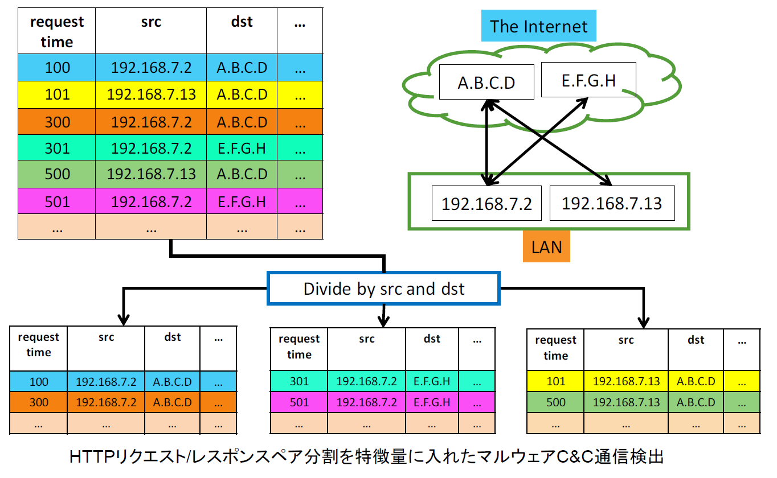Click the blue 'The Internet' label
click(x=538, y=26)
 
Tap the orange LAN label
click(x=546, y=246)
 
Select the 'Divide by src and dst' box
click(x=383, y=289)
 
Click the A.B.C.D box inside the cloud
click(x=486, y=82)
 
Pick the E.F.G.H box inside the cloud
click(x=588, y=80)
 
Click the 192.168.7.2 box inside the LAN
click(x=486, y=203)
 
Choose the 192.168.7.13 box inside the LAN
click(x=612, y=203)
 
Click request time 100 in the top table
click(x=57, y=68)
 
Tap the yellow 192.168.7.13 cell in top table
click(x=151, y=94)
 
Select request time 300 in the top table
click(x=57, y=122)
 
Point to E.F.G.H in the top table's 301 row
click(x=242, y=148)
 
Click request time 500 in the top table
click(x=57, y=174)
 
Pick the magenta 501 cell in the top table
click(x=57, y=201)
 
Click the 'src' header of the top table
click(x=151, y=22)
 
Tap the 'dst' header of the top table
click(x=242, y=22)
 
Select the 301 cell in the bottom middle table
click(x=299, y=381)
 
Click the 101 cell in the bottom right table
click(x=556, y=381)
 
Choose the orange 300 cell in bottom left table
click(x=39, y=402)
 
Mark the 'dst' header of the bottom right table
click(x=696, y=340)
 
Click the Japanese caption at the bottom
click(x=366, y=456)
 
